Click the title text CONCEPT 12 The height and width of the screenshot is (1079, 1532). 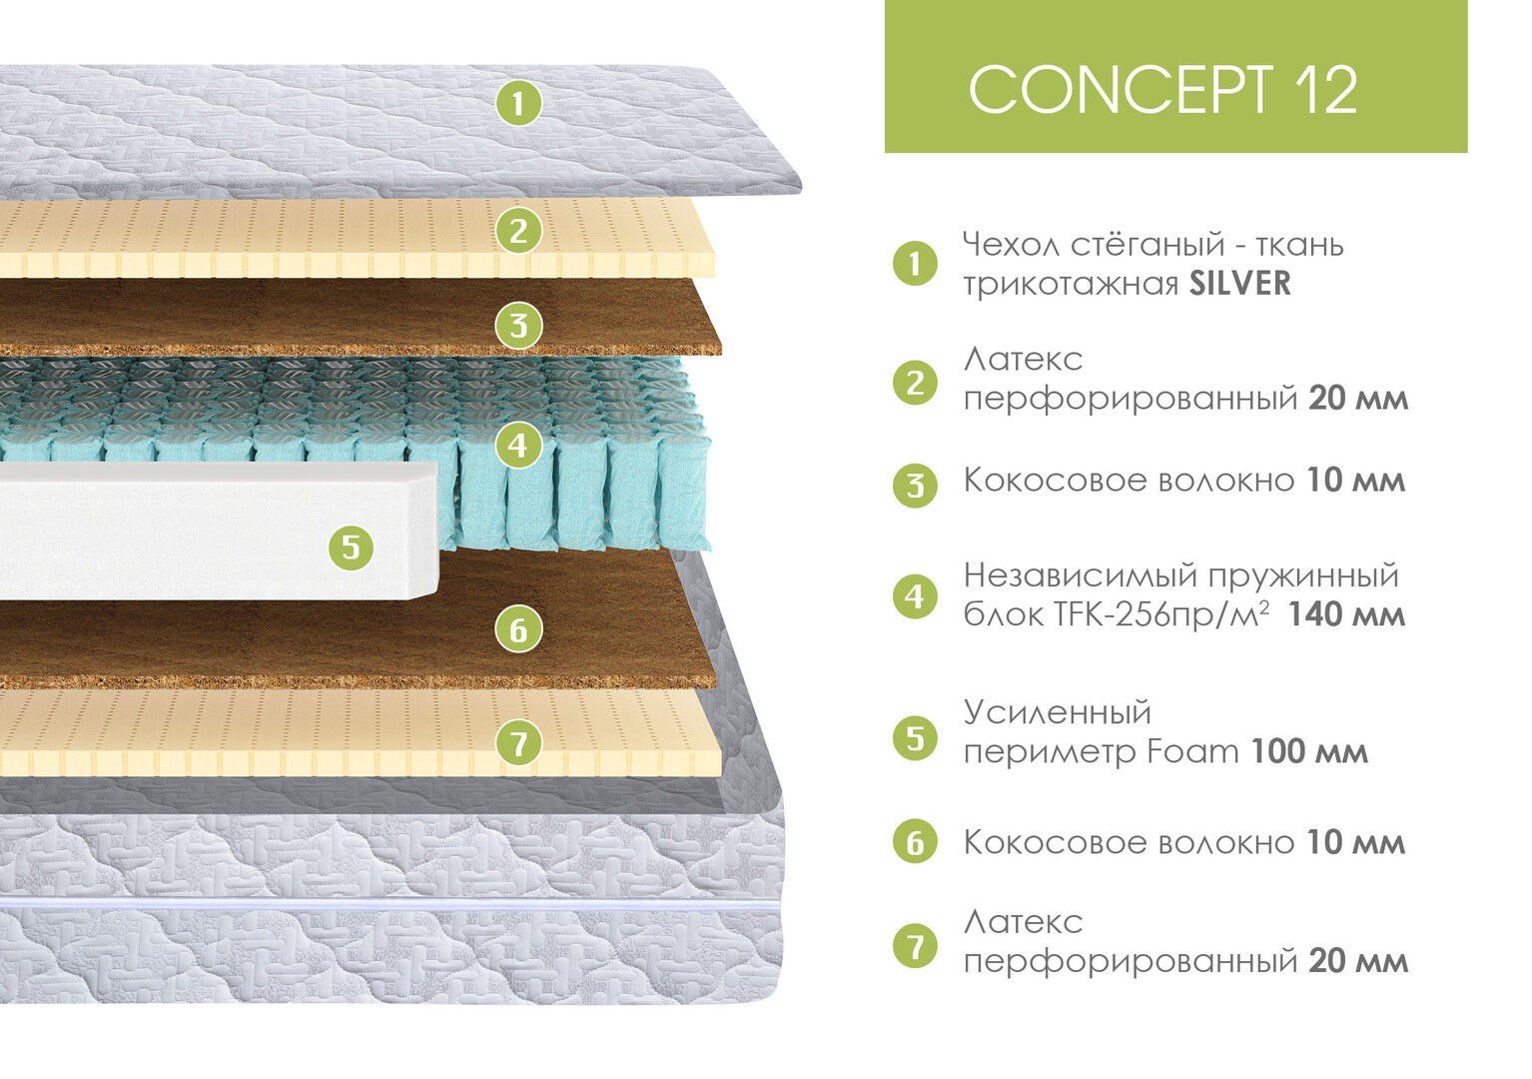(1162, 90)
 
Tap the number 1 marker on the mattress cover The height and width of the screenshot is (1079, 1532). (518, 103)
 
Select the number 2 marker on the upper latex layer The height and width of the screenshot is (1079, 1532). (518, 231)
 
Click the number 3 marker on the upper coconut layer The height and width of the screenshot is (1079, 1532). (518, 326)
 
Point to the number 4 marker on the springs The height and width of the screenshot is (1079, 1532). (518, 445)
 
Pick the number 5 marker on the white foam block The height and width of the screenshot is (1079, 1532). (351, 546)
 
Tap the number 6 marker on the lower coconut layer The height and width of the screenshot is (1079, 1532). (518, 629)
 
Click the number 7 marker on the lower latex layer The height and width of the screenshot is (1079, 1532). (518, 743)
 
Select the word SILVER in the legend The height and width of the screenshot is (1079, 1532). (1239, 284)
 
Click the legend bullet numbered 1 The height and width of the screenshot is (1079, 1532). (915, 264)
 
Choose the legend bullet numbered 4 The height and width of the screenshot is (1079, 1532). (915, 596)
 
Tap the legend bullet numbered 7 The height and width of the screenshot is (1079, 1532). (915, 945)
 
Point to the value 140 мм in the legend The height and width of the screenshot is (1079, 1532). (1346, 614)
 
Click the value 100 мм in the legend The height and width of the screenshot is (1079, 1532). (1309, 751)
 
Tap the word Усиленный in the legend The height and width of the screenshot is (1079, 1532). (1057, 712)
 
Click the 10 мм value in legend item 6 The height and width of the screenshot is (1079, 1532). (1355, 842)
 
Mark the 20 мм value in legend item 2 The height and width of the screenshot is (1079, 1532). (1358, 399)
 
